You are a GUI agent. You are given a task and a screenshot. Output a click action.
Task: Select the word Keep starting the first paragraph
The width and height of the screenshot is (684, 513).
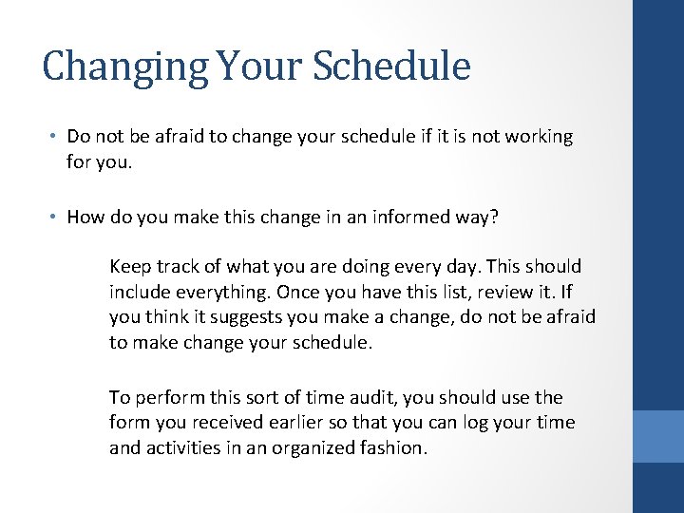tap(129, 267)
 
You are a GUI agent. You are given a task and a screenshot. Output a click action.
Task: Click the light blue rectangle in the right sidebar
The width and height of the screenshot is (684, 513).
tap(658, 436)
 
